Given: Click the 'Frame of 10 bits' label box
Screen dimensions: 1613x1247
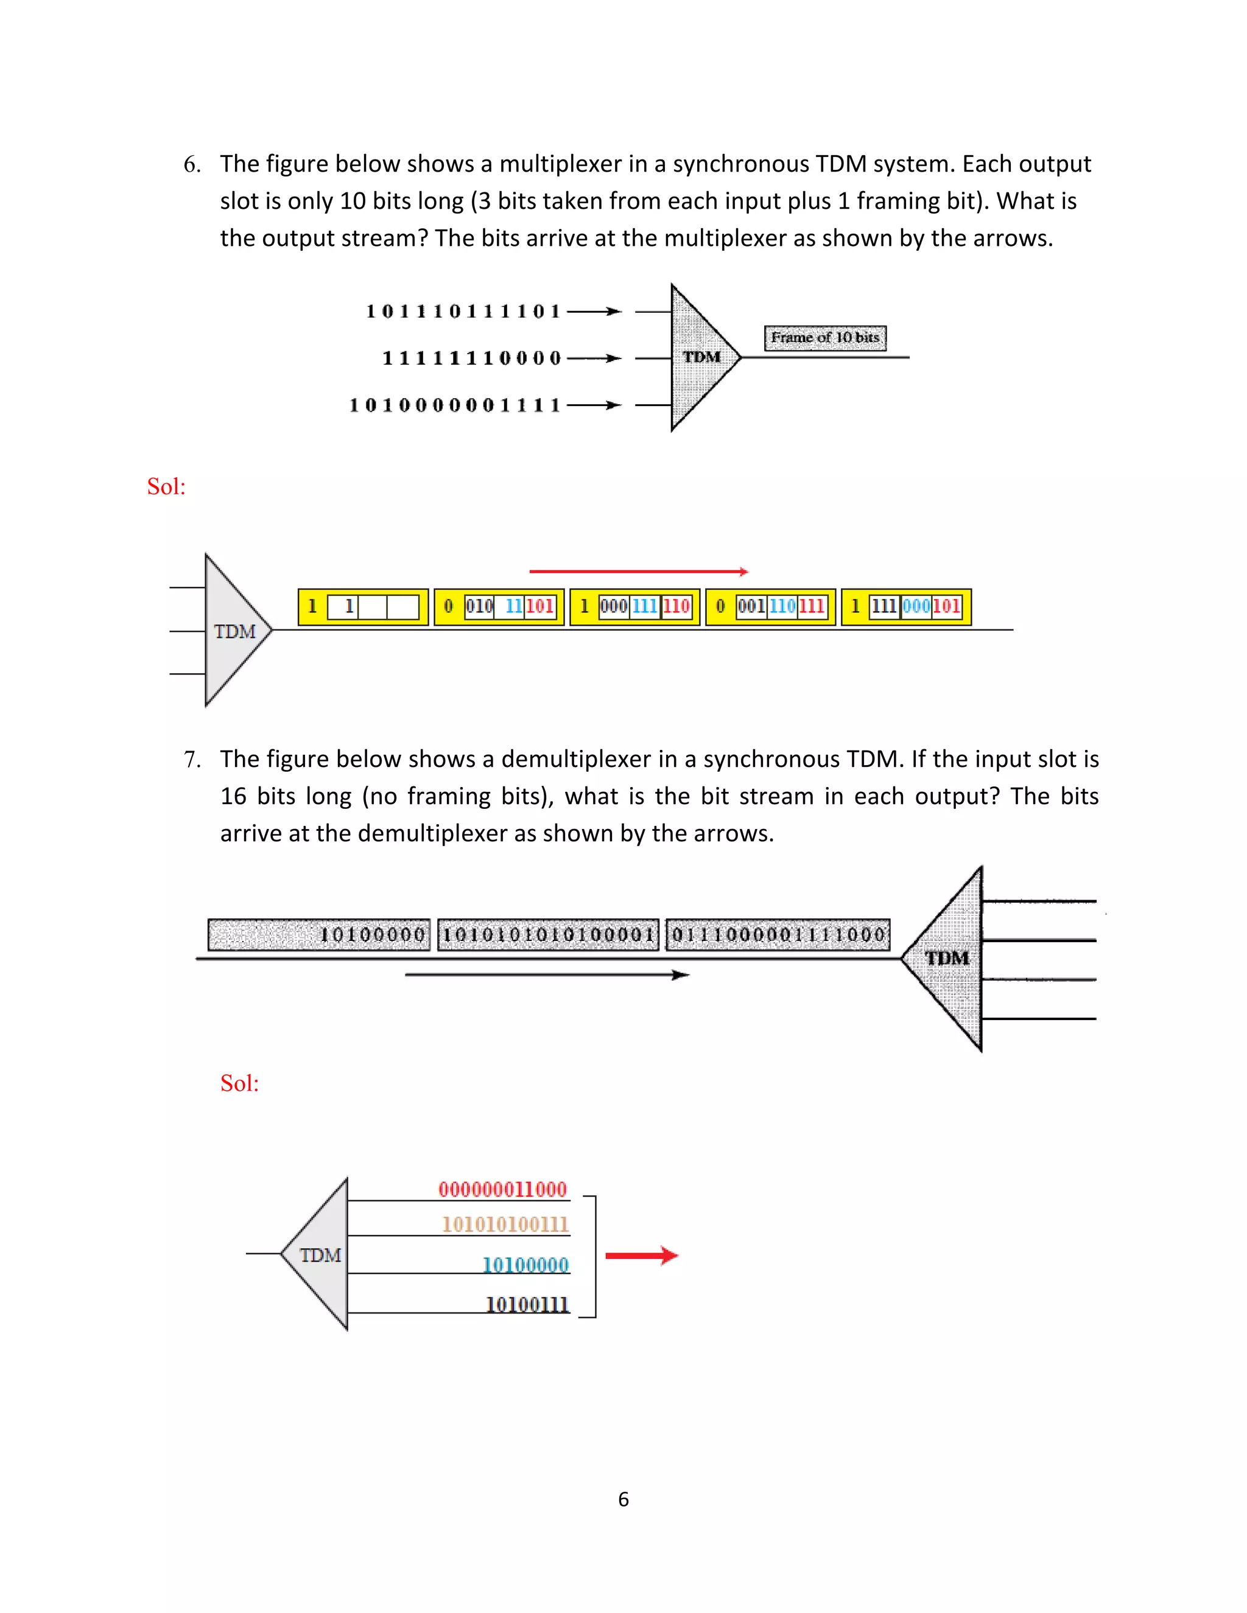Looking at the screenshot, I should (824, 338).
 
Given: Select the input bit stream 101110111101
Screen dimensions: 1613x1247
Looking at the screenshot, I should (463, 312).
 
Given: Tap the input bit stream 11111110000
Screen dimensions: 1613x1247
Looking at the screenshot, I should (471, 358).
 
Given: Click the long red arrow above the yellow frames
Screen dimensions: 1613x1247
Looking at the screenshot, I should (639, 571).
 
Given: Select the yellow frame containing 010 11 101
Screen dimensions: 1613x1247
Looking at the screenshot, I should (499, 607).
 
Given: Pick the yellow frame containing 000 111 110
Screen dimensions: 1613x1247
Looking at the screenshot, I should (634, 607).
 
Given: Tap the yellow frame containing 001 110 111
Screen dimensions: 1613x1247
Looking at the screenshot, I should (770, 607).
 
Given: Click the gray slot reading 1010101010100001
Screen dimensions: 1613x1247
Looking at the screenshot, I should (548, 935).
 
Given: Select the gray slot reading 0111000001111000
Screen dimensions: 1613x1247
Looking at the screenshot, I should (778, 935).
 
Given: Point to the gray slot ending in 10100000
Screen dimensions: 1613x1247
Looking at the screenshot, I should (319, 935).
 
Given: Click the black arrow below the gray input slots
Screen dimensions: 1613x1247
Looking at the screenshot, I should (547, 975).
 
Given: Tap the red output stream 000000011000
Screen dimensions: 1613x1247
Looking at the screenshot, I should (502, 1189).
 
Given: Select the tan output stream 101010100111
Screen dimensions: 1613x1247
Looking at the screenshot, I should (505, 1225).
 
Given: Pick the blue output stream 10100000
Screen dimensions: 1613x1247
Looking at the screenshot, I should (525, 1265).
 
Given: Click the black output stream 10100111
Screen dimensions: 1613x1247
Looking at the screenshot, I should (527, 1305).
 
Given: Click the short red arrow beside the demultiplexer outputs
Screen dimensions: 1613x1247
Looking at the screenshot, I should (641, 1256).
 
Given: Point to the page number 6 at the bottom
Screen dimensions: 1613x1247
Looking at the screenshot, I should (623, 1499).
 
